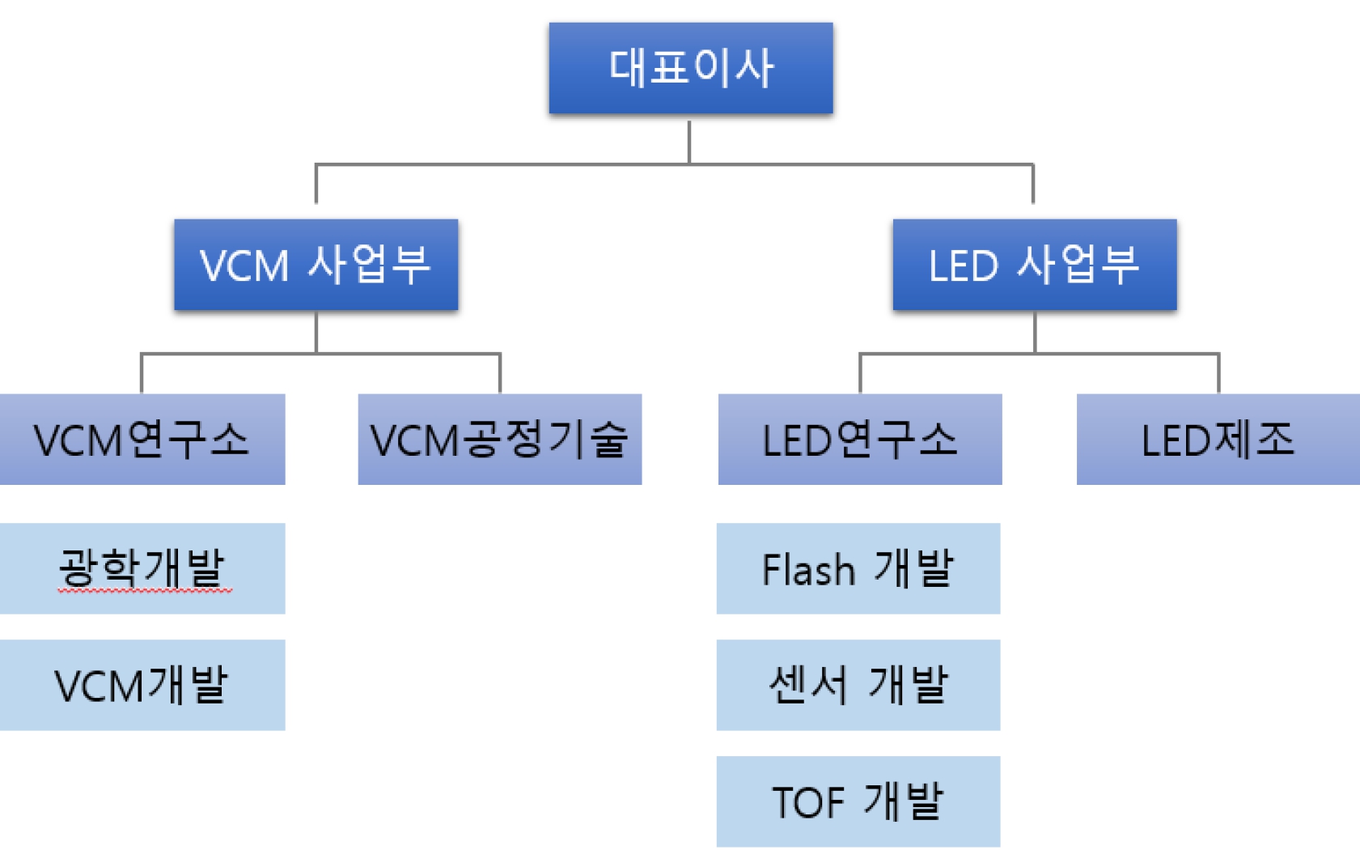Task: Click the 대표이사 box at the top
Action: [690, 68]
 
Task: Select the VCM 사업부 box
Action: [316, 265]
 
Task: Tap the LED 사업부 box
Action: [1034, 265]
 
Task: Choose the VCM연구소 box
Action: [142, 440]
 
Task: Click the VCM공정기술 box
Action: [499, 440]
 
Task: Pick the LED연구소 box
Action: [859, 440]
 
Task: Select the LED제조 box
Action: [1218, 440]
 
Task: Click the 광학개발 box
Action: [142, 568]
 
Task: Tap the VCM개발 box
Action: [142, 685]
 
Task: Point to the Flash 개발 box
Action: [858, 568]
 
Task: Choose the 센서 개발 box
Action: [858, 685]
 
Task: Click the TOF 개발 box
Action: [858, 801]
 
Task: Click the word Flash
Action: [807, 569]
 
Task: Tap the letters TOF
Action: [808, 802]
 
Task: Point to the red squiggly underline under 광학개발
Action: [144, 592]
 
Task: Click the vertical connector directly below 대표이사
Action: [689, 142]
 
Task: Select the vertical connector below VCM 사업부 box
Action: [316, 332]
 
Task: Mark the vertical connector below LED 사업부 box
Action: [1035, 332]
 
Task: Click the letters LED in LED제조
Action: [1169, 441]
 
